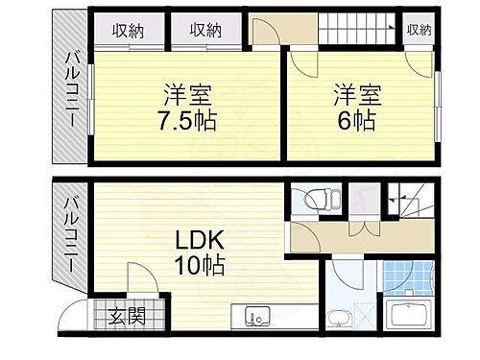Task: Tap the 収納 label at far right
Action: point(419,30)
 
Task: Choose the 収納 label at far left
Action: point(125,30)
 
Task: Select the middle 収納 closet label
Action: point(204,30)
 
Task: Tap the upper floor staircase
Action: point(357,29)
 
